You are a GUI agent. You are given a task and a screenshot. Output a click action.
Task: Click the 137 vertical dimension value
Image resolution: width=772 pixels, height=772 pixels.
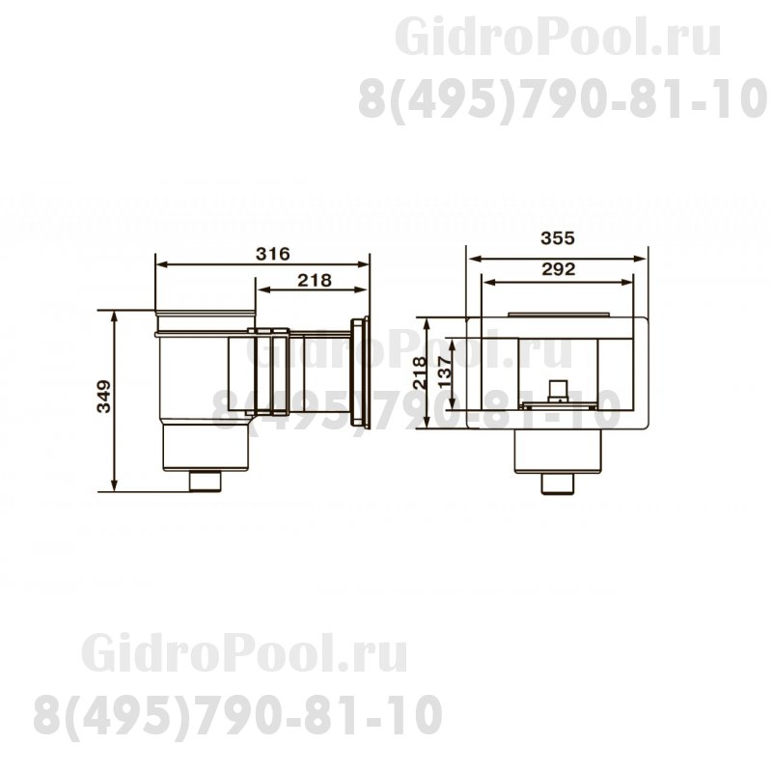coord(444,372)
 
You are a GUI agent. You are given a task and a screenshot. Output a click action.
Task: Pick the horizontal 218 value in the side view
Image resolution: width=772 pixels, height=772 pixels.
coord(314,280)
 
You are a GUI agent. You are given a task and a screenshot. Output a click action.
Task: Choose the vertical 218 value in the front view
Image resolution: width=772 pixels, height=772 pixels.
coord(419,372)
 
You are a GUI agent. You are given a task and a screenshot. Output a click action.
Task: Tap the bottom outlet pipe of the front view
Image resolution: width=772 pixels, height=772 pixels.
coord(557,482)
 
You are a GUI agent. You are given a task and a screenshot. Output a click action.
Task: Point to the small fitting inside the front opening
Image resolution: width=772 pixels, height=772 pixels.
coord(558,390)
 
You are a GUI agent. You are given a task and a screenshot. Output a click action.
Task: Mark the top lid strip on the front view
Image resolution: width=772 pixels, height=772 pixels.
coord(558,314)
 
